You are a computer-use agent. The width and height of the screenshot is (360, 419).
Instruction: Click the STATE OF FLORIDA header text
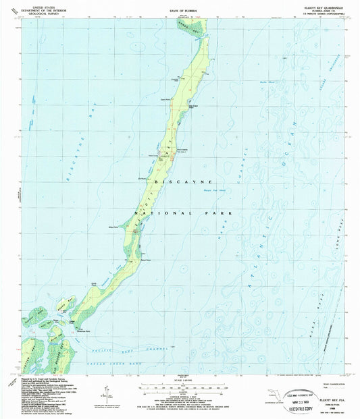[x=180, y=12]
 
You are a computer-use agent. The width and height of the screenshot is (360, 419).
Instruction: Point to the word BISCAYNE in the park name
[x=184, y=182]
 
